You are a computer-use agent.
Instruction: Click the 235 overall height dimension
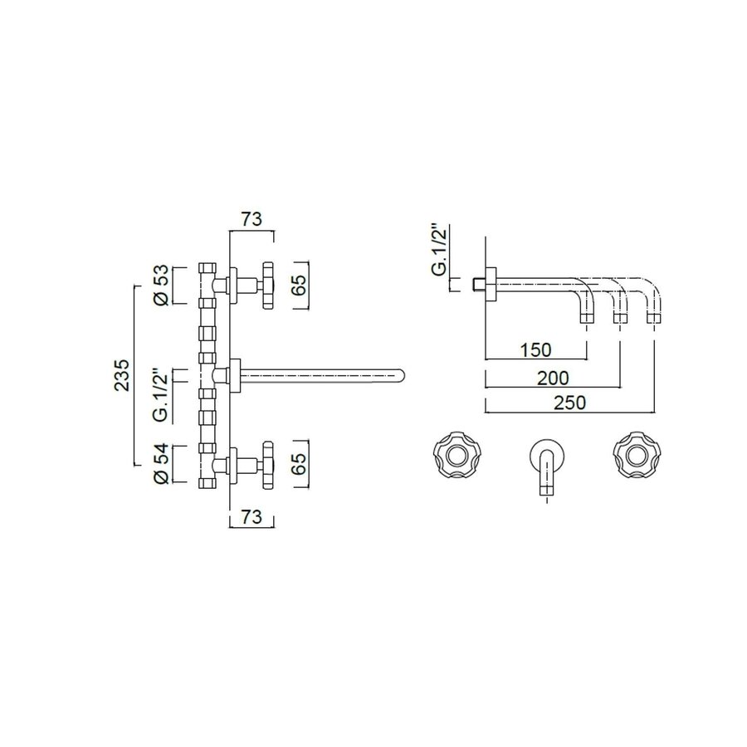pos(123,375)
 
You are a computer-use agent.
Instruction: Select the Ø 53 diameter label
pos(163,285)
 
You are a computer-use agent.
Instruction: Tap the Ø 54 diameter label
pos(163,464)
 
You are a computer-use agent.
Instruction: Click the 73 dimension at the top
pos(251,219)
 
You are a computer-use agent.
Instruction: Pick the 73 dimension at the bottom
pos(251,518)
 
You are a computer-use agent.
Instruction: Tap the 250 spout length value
pos(569,403)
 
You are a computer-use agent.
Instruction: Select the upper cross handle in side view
pos(267,285)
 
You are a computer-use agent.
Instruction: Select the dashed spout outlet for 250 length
pos(654,315)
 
